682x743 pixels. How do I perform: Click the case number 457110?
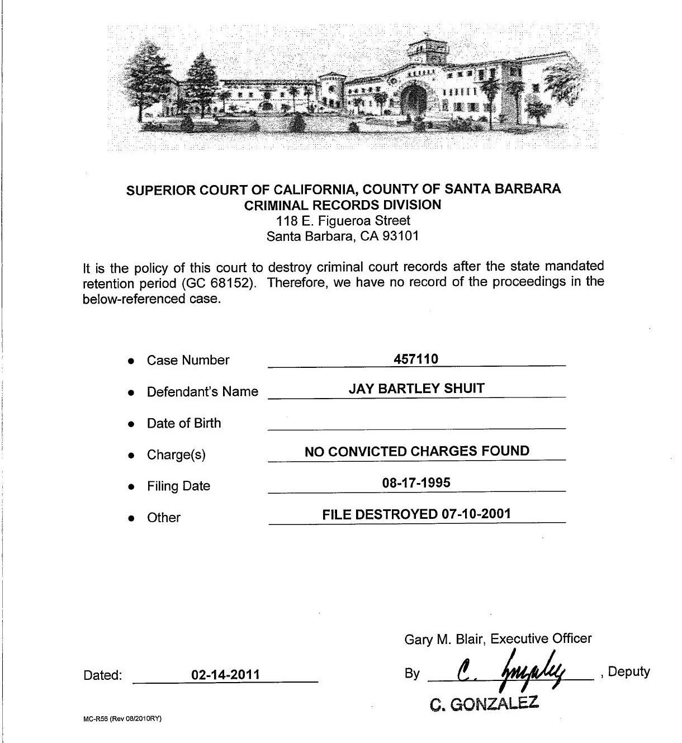point(415,359)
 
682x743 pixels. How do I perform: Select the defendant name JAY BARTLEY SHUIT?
point(416,389)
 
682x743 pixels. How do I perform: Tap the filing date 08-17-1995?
point(416,482)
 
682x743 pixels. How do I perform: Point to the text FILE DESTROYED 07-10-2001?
point(416,514)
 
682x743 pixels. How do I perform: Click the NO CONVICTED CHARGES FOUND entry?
point(416,451)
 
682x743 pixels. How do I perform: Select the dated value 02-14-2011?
point(225,674)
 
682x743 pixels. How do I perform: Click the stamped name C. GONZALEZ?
point(484,704)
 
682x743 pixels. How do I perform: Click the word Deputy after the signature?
point(628,671)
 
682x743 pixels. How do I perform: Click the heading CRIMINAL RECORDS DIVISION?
point(343,205)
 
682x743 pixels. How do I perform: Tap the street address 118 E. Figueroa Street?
point(343,220)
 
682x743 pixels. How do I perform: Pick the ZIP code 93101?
point(400,236)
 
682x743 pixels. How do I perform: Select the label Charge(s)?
point(176,455)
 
